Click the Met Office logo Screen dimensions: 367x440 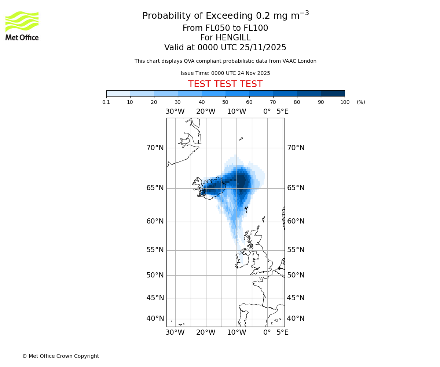(x=22, y=26)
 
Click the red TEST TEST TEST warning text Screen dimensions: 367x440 (x=225, y=84)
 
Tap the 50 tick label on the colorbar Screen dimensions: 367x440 (x=225, y=102)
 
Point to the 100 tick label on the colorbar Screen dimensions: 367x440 (x=344, y=102)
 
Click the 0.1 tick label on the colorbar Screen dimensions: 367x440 (x=106, y=102)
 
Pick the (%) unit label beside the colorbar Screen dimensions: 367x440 (x=361, y=102)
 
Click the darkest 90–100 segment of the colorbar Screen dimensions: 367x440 (x=333, y=93)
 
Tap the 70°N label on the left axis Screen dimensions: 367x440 (x=155, y=148)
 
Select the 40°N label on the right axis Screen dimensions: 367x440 (x=296, y=319)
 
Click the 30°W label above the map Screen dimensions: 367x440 (x=175, y=111)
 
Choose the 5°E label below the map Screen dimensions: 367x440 (x=282, y=333)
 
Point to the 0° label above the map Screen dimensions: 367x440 (x=267, y=111)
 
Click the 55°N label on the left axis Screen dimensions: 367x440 (x=155, y=250)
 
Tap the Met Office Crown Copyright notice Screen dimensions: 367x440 (x=60, y=356)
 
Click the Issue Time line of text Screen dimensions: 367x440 (x=225, y=73)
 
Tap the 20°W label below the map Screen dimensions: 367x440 (x=206, y=333)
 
